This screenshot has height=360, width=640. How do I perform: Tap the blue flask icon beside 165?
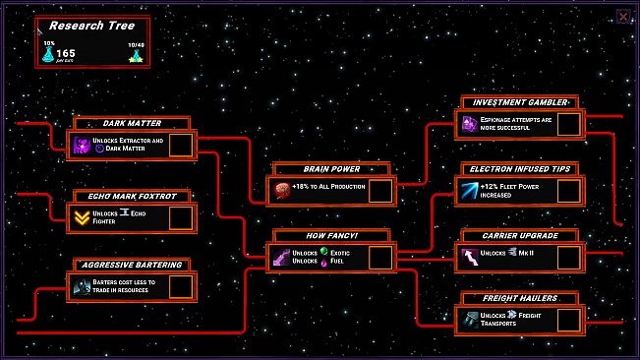click(x=47, y=54)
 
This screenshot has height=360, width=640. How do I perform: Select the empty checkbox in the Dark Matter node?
click(x=180, y=146)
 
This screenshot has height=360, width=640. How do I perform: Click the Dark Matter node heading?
click(x=132, y=123)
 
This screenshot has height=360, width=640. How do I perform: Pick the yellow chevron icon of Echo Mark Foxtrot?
click(x=83, y=217)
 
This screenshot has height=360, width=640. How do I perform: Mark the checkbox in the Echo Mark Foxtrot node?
click(x=180, y=217)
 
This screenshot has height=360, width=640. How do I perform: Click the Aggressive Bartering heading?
click(x=132, y=265)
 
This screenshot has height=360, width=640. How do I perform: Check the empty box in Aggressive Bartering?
click(x=180, y=286)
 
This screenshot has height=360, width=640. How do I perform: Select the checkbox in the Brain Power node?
click(x=380, y=190)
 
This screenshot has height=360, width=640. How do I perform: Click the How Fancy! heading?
click(x=331, y=235)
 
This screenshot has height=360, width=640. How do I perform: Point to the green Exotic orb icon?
click(x=324, y=253)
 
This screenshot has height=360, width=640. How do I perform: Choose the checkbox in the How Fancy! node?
click(x=380, y=258)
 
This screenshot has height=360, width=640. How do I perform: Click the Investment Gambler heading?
click(x=519, y=102)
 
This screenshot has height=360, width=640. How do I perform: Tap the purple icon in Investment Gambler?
click(x=470, y=124)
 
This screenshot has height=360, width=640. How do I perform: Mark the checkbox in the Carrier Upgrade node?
click(x=569, y=258)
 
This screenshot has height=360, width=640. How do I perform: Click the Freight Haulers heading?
click(x=519, y=298)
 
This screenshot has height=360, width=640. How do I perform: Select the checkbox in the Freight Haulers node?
click(x=569, y=320)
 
